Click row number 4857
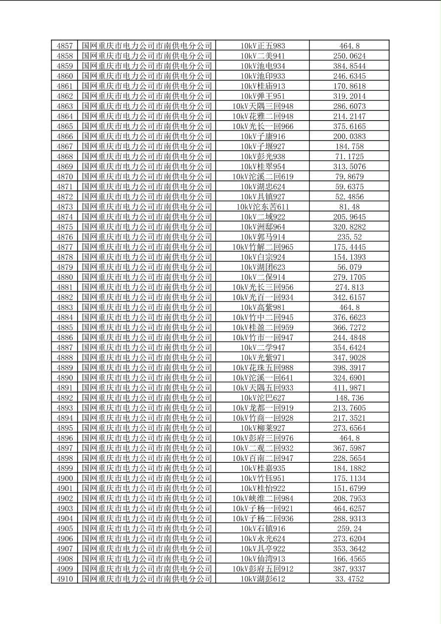coord(65,46)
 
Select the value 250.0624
coord(349,56)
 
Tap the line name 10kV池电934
coord(263,66)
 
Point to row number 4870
coord(65,177)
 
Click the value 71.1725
coord(349,156)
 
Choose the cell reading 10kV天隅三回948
coord(263,106)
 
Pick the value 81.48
coord(349,207)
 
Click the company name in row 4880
coord(147,277)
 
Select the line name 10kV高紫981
coord(263,307)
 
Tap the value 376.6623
coord(349,317)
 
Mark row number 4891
coord(65,388)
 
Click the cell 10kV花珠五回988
coord(263,367)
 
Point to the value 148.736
coord(349,398)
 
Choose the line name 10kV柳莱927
coord(263,428)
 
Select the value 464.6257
coord(349,508)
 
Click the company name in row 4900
coord(147,478)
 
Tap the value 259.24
coord(349,529)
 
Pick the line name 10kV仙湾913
coord(263,559)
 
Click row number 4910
coord(65,579)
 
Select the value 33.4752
coord(349,579)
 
